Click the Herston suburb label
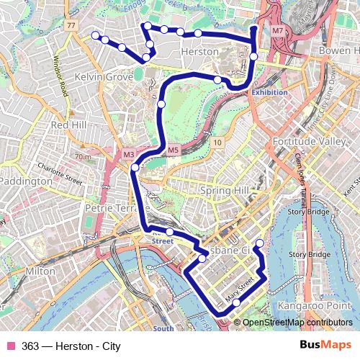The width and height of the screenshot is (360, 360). pyautogui.click(x=201, y=53)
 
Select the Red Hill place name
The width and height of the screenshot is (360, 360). pyautogui.click(x=69, y=125)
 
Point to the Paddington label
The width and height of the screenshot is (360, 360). pyautogui.click(x=24, y=181)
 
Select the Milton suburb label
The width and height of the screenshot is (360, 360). pyautogui.click(x=40, y=271)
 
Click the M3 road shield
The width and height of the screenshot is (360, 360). pyautogui.click(x=129, y=154)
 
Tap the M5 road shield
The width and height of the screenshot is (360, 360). pyautogui.click(x=173, y=150)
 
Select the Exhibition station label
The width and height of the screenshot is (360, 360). pyautogui.click(x=270, y=92)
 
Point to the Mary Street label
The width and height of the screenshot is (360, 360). pyautogui.click(x=240, y=290)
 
